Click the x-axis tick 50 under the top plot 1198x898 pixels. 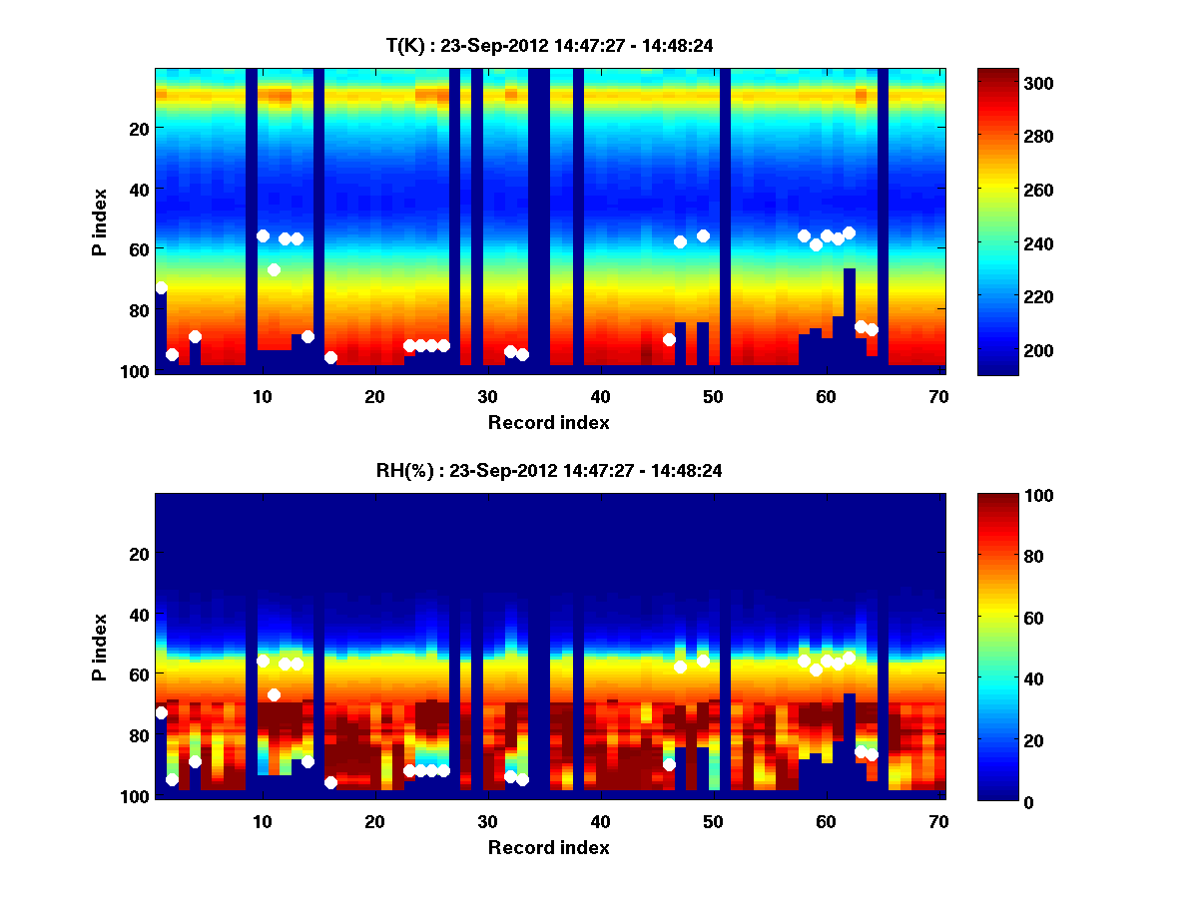[x=712, y=396]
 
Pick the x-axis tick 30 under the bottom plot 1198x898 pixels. [x=487, y=821]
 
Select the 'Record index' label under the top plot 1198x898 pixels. [x=548, y=422]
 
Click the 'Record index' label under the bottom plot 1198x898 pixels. [x=548, y=847]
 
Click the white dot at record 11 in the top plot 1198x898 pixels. [x=274, y=269]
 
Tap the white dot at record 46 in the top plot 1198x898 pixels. [x=669, y=339]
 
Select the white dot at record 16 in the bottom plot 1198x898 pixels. [x=330, y=782]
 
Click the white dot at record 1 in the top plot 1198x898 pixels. [x=161, y=287]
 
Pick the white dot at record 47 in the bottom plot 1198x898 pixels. [x=680, y=667]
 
